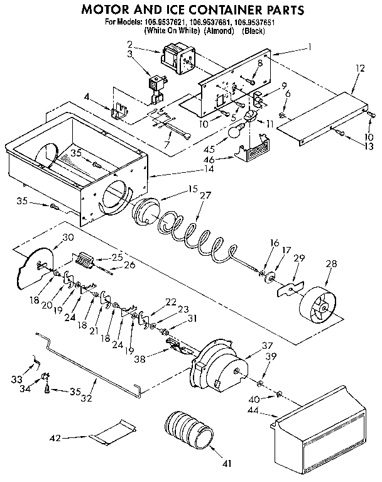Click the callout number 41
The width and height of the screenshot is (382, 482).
227,464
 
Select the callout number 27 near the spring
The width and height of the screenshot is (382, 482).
205,195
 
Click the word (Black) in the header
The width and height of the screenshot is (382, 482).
255,30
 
